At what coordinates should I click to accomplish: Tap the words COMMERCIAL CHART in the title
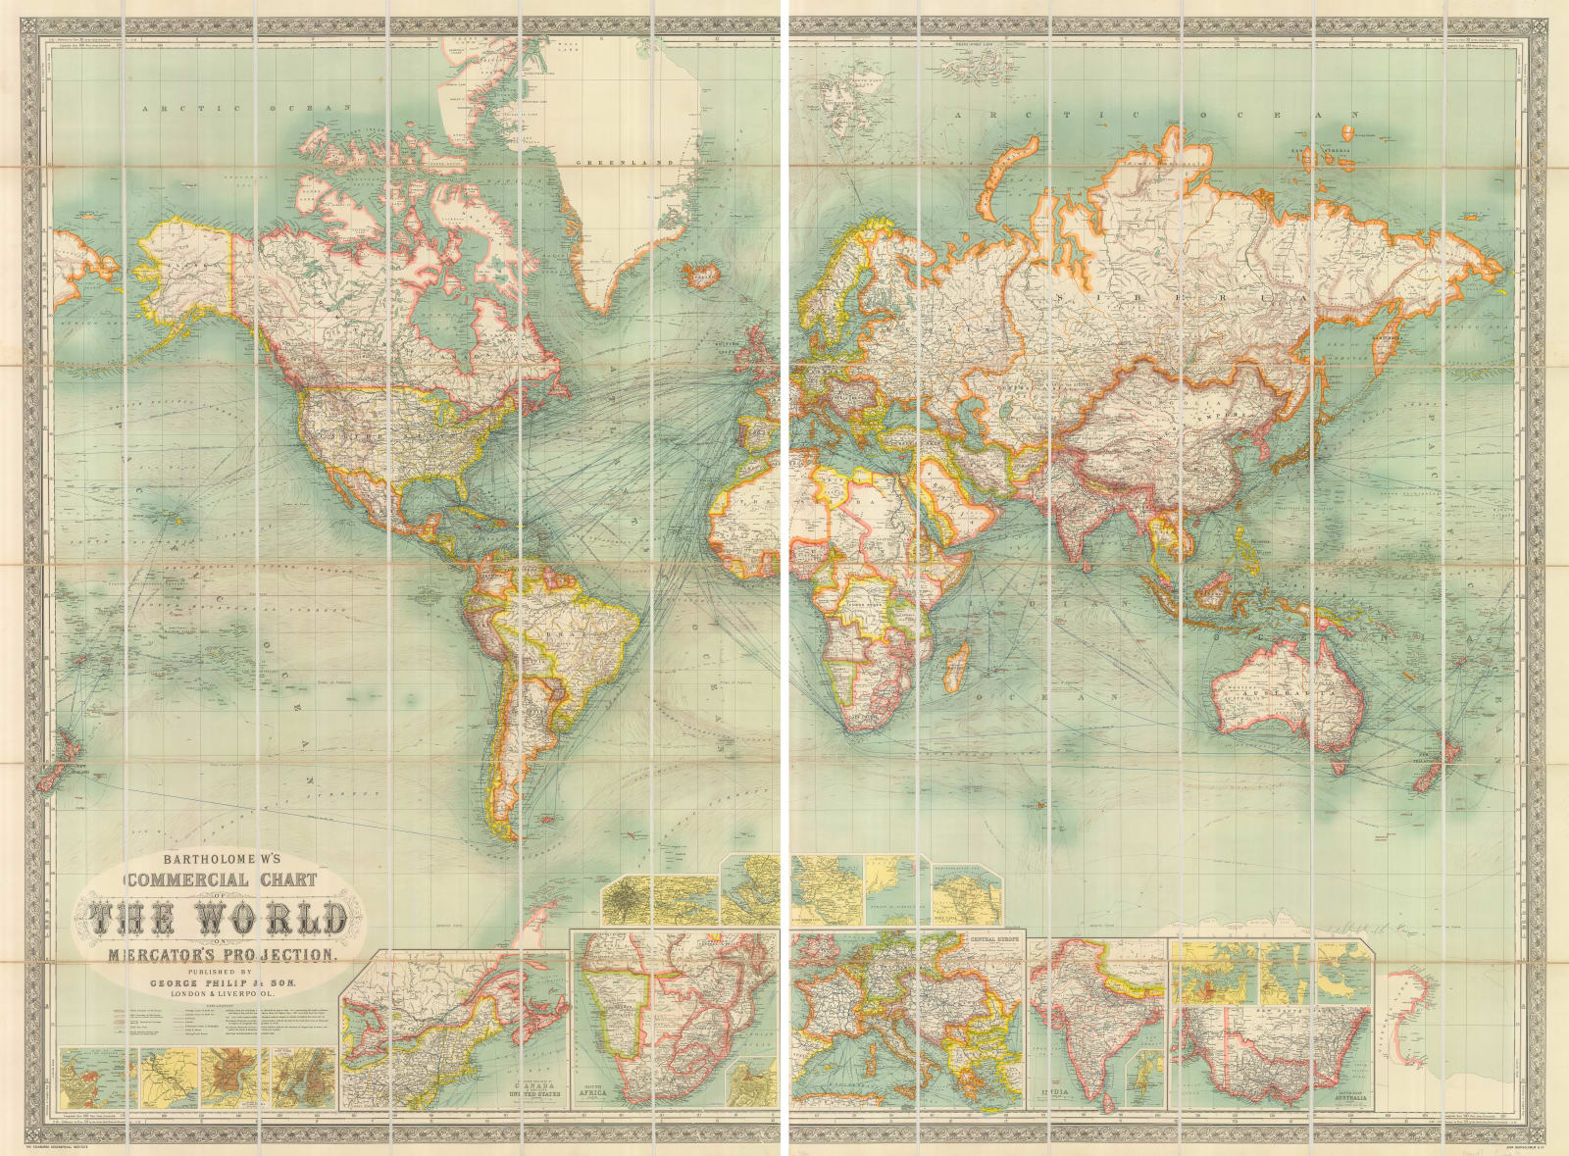[221, 880]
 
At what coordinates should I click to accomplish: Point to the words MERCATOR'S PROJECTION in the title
[222, 954]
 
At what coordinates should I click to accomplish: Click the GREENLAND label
[625, 162]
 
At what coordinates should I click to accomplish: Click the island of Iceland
[702, 274]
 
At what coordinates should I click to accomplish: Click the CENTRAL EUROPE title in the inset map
[995, 939]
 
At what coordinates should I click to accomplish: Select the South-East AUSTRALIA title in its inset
[1350, 1097]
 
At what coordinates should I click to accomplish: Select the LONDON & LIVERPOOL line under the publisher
[223, 993]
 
